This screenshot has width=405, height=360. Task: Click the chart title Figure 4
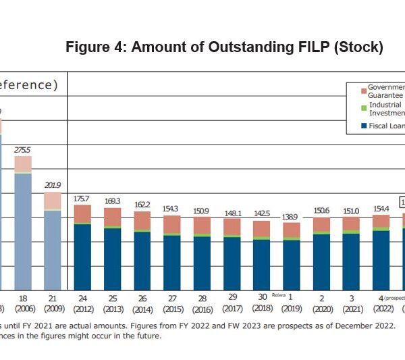coord(224,47)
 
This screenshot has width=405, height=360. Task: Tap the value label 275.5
coord(23,150)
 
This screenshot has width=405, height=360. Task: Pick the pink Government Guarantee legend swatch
coord(363,91)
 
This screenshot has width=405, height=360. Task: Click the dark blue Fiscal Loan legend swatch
coord(363,126)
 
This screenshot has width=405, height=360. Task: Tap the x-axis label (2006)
coord(23,309)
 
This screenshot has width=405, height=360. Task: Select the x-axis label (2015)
coord(172,309)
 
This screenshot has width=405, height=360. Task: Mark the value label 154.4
coord(381,208)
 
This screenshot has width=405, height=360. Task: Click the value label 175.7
coord(82,199)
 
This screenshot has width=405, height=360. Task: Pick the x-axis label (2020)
coord(322,309)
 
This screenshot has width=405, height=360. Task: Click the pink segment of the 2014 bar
coord(142,221)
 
